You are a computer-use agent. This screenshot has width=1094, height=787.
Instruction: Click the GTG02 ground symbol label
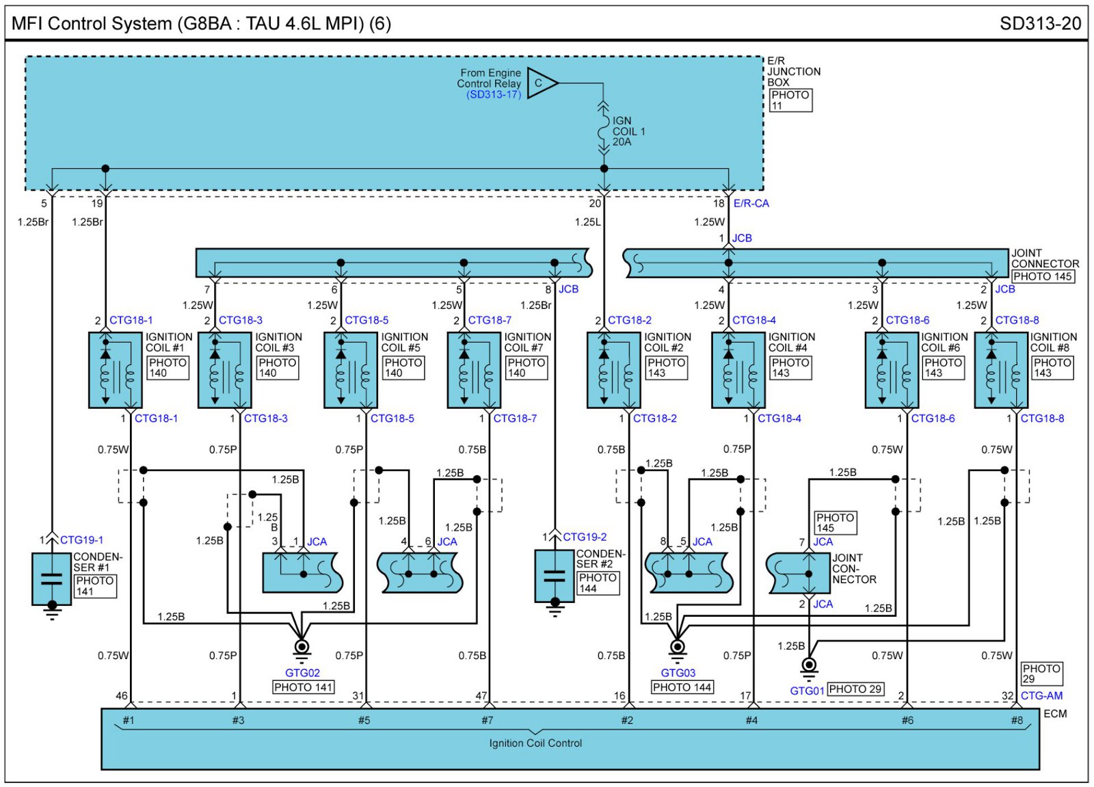(x=302, y=673)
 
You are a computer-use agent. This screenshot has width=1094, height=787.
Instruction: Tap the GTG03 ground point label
(x=678, y=673)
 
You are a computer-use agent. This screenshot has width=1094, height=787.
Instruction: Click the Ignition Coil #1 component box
(x=115, y=370)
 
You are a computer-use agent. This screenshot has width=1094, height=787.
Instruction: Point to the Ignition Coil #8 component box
(x=1001, y=370)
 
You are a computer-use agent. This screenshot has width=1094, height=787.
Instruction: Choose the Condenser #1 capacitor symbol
(x=52, y=579)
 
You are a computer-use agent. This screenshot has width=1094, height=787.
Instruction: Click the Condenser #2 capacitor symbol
(x=555, y=576)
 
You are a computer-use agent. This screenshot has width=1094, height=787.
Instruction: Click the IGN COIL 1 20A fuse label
(x=628, y=131)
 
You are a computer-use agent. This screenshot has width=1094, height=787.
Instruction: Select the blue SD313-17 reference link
(x=494, y=94)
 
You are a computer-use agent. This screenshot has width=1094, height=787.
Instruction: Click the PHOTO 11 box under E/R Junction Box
(x=791, y=100)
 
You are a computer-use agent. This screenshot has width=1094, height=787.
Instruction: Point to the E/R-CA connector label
(x=751, y=203)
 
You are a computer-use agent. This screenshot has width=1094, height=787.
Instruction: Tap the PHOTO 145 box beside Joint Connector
(x=1042, y=276)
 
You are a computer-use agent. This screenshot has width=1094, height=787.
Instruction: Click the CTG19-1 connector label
(x=81, y=539)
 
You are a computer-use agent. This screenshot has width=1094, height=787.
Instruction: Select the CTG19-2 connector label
(x=585, y=537)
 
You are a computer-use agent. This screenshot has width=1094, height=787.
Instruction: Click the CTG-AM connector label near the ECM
(x=1041, y=695)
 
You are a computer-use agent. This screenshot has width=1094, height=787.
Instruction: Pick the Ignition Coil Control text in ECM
(x=535, y=743)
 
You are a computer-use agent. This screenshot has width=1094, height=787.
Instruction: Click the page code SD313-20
(x=1040, y=24)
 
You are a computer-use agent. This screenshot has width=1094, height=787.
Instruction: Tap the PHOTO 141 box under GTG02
(x=303, y=687)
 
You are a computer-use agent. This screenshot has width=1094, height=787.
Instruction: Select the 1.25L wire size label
(x=587, y=222)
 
